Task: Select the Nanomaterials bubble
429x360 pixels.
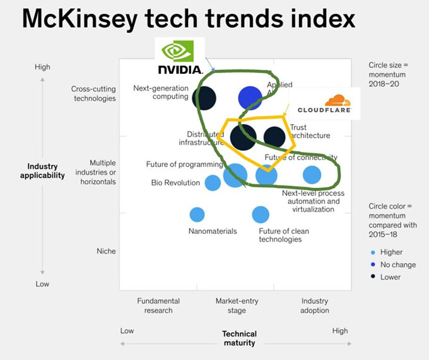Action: pos(197,214)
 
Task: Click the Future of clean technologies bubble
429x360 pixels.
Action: pos(261,214)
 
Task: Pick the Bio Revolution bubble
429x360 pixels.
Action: pos(213,183)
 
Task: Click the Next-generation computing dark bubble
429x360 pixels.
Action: pos(204,98)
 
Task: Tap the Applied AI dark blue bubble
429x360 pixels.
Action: pos(250,98)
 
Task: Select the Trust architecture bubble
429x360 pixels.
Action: pos(274,136)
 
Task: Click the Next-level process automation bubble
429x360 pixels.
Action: pos(312,175)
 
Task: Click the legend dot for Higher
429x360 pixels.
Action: pos(372,252)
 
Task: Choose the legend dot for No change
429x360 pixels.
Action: pos(372,265)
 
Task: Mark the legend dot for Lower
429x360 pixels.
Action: pos(372,277)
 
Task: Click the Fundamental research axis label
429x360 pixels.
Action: pos(158,306)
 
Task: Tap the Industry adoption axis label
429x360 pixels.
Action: pos(314,306)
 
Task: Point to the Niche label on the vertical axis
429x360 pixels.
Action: pos(106,251)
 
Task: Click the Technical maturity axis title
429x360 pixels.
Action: pos(239,339)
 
